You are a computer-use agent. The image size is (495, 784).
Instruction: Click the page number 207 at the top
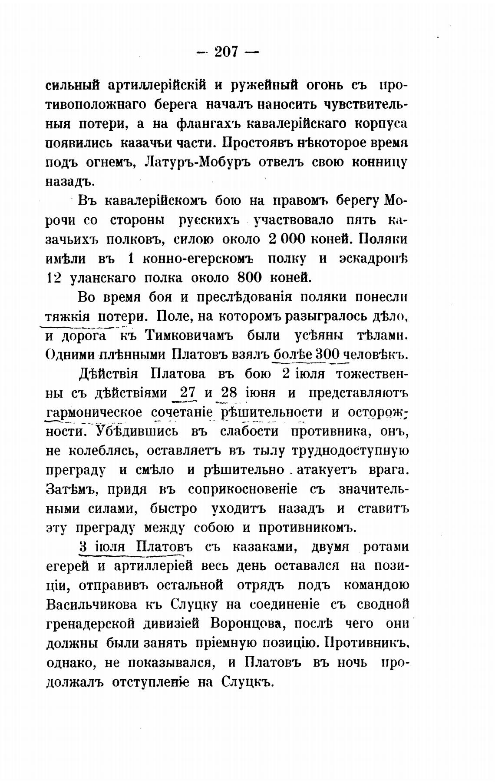click(227, 52)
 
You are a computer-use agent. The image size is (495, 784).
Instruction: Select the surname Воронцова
click(246, 624)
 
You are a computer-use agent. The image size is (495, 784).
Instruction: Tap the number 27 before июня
click(187, 393)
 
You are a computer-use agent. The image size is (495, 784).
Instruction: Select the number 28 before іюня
click(228, 393)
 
